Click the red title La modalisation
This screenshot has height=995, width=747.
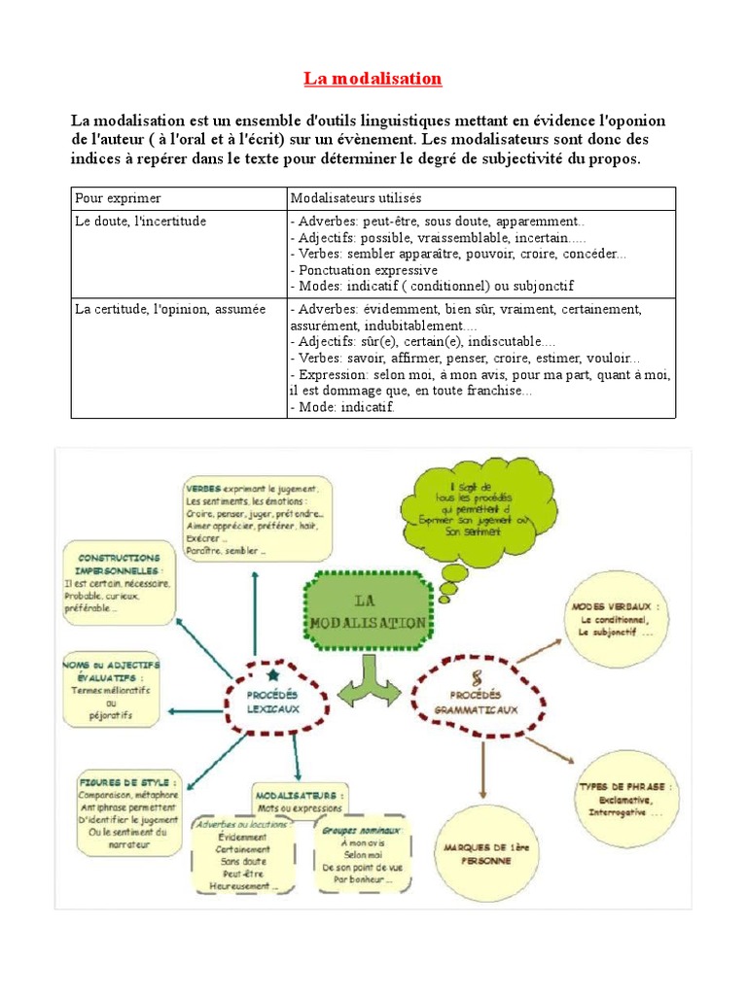(373, 79)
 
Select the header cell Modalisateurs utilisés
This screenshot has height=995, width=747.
(356, 198)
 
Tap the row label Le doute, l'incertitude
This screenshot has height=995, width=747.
(141, 222)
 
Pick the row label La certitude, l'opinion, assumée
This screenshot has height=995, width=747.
(170, 309)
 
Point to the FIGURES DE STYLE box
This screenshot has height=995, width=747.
(127, 811)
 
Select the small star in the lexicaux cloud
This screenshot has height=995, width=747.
(272, 673)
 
